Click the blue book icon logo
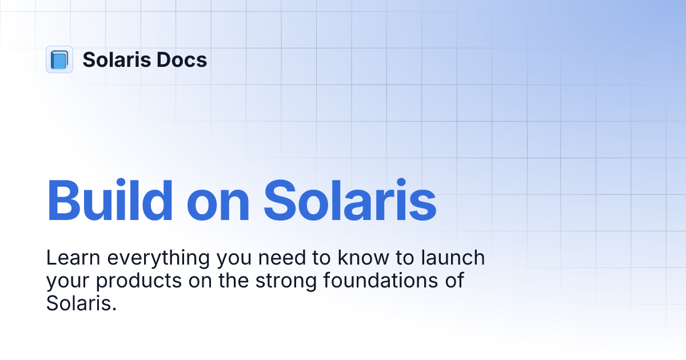pos(59,59)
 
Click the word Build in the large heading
pos(110,201)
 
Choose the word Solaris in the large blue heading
pos(350,201)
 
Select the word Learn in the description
pos(73,258)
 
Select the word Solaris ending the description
pos(78,303)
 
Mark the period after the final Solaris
pos(114,309)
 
